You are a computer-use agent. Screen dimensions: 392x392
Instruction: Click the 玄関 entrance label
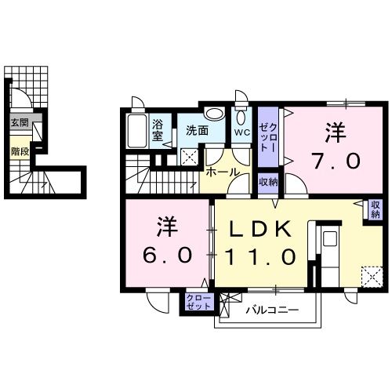pyautogui.click(x=20, y=122)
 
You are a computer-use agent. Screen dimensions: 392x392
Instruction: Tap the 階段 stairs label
pyautogui.click(x=20, y=151)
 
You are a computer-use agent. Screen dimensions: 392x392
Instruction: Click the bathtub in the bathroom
pyautogui.click(x=136, y=131)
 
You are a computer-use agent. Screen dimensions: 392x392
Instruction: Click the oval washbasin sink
pyautogui.click(x=215, y=114)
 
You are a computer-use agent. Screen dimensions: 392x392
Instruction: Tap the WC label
pyautogui.click(x=241, y=132)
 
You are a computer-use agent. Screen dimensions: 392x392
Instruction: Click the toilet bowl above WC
pyautogui.click(x=241, y=118)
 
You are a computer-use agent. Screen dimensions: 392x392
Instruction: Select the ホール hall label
pyautogui.click(x=223, y=172)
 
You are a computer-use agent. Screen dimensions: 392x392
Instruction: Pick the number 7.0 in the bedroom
pyautogui.click(x=336, y=161)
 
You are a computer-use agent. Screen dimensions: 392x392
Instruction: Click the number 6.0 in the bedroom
pyautogui.click(x=167, y=256)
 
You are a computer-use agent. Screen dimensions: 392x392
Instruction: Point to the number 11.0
pyautogui.click(x=260, y=256)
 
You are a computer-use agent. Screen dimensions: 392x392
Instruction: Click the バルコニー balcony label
pyautogui.click(x=272, y=310)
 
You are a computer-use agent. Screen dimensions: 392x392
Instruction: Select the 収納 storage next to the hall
pyautogui.click(x=268, y=183)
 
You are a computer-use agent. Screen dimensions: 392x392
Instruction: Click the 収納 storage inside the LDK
pyautogui.click(x=376, y=209)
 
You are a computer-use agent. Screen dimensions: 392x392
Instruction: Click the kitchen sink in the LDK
pyautogui.click(x=329, y=238)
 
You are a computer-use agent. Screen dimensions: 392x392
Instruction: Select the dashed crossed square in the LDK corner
pyautogui.click(x=372, y=277)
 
